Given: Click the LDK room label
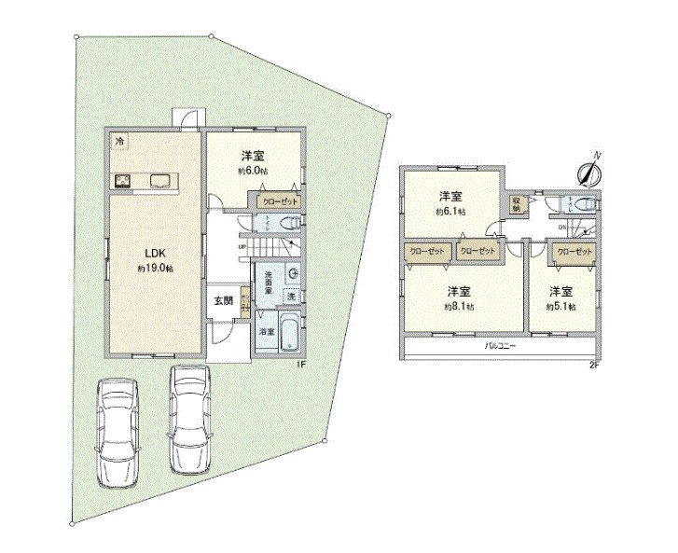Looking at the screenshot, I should [x=155, y=252].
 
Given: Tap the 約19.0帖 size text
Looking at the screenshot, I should [x=155, y=269].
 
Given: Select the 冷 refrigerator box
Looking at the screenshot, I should [x=121, y=140].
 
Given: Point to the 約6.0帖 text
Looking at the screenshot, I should [x=253, y=172].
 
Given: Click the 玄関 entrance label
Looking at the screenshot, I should [x=223, y=299].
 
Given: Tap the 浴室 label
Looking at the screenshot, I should [x=266, y=331].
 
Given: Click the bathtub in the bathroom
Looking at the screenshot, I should [x=289, y=332].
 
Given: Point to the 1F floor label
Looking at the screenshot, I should [x=301, y=365].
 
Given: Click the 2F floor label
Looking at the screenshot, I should [x=593, y=364].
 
